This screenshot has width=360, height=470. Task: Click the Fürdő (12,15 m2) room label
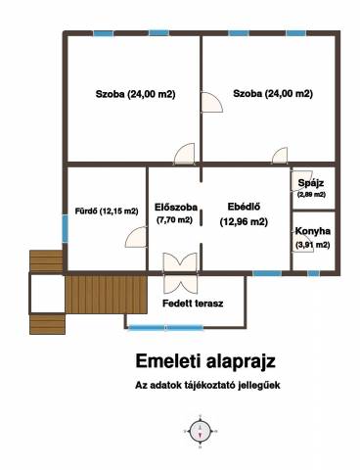click(107, 211)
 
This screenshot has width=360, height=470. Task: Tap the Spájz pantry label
click(311, 183)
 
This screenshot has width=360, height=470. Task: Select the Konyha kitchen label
click(313, 231)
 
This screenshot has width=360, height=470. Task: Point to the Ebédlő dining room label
click(244, 207)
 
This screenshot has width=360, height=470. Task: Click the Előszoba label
click(176, 208)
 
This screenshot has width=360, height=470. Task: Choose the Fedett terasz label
click(193, 304)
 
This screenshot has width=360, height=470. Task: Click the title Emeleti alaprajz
click(205, 361)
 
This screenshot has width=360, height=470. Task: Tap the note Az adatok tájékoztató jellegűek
click(207, 385)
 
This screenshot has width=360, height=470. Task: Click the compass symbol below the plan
click(200, 431)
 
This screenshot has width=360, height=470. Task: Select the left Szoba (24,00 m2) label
click(136, 94)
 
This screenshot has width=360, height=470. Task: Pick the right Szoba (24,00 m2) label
click(273, 94)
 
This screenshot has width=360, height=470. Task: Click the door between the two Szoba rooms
click(211, 102)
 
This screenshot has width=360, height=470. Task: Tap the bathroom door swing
click(136, 237)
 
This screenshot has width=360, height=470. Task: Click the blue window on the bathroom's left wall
click(66, 228)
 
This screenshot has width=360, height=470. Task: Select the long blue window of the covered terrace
click(165, 327)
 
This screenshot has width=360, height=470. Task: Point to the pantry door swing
click(301, 180)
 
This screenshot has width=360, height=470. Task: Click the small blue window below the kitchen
click(313, 273)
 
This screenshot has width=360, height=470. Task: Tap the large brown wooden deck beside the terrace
click(106, 295)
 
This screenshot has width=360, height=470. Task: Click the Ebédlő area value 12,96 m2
click(244, 222)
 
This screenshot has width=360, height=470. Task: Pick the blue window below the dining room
click(267, 273)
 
